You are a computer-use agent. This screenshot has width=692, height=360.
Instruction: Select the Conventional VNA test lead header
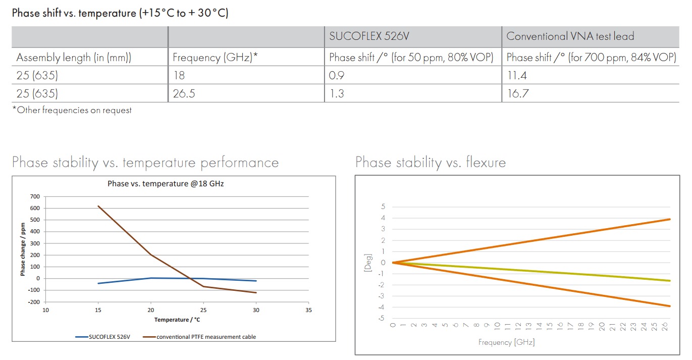(570, 36)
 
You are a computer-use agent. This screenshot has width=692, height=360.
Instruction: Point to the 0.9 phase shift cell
(336, 75)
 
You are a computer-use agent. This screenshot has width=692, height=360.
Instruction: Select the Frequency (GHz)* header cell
(215, 58)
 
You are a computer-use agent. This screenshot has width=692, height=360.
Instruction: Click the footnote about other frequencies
(72, 110)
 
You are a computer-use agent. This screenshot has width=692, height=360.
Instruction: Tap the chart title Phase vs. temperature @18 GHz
(166, 184)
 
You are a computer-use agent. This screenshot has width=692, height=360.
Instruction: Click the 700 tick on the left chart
(34, 196)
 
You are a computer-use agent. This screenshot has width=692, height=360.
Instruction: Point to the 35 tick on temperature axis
(308, 310)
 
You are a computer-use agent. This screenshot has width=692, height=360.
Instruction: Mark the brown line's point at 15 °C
(98, 206)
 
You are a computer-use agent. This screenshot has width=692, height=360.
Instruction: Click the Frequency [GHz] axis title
(506, 342)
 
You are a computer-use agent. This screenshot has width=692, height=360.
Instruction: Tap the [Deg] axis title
(367, 263)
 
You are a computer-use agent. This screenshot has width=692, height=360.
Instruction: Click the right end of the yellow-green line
(670, 281)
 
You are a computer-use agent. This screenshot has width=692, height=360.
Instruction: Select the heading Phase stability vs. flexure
(430, 163)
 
